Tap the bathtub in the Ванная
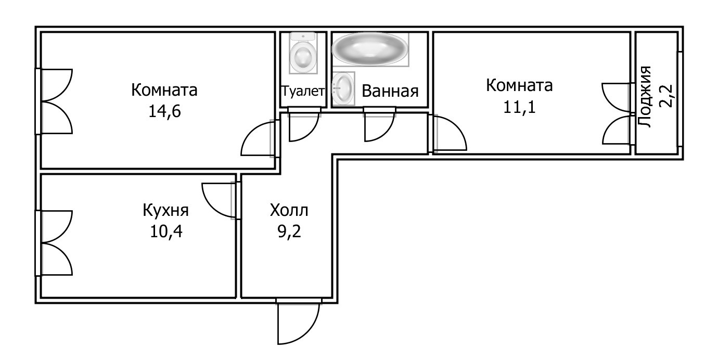point(370,49)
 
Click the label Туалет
point(303,91)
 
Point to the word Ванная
point(390,91)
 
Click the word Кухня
point(165,211)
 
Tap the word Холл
point(289,211)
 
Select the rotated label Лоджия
point(646,97)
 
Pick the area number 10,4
point(165,230)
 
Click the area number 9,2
point(289,230)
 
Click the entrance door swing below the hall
point(298,324)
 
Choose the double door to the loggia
point(617,113)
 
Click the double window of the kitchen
point(55,243)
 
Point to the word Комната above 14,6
point(164,90)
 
